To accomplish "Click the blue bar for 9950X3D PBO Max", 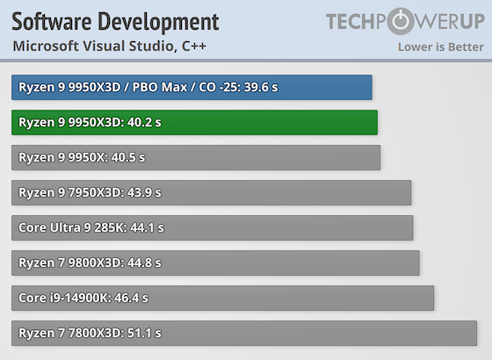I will (192, 87).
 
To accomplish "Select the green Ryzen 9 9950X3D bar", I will (194, 122).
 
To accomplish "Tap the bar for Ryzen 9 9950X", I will (196, 157).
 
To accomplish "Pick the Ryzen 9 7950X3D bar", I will (211, 192).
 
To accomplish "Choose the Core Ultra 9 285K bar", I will (212, 227).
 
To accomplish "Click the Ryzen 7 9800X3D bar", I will (215, 263).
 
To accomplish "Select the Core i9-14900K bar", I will (222, 298).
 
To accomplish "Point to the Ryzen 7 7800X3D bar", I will (244, 333).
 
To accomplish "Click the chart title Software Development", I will (115, 21).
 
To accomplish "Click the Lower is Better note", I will (438, 47).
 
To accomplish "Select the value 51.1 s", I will (145, 333).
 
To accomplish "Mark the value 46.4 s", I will (131, 298).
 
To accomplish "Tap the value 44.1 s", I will (147, 227).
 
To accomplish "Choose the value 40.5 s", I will (128, 157).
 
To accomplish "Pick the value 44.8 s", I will (144, 263).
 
